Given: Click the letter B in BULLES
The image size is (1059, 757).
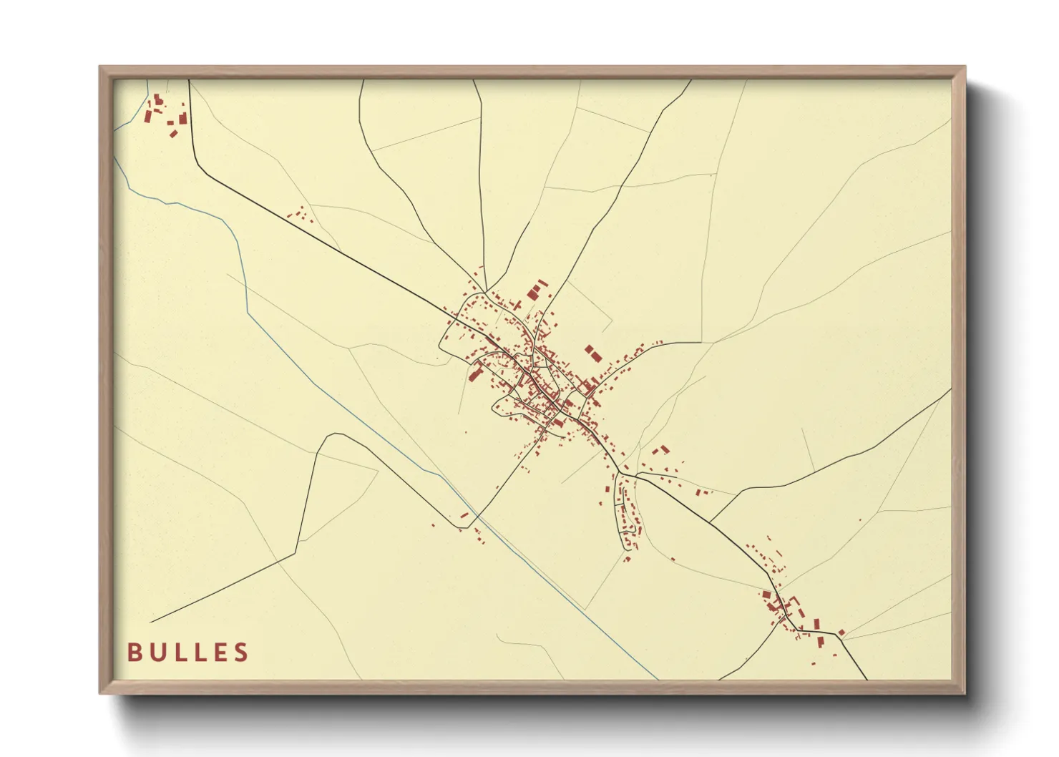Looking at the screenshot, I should (x=133, y=652).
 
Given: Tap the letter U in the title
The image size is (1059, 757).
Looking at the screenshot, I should (x=156, y=652).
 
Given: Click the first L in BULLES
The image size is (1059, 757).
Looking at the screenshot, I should (x=178, y=652).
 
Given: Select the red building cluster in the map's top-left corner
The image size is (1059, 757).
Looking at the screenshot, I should (x=165, y=114).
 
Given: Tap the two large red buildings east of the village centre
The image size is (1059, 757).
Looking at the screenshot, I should (x=592, y=354).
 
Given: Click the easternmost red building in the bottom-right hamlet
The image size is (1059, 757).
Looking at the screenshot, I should (x=841, y=633).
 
